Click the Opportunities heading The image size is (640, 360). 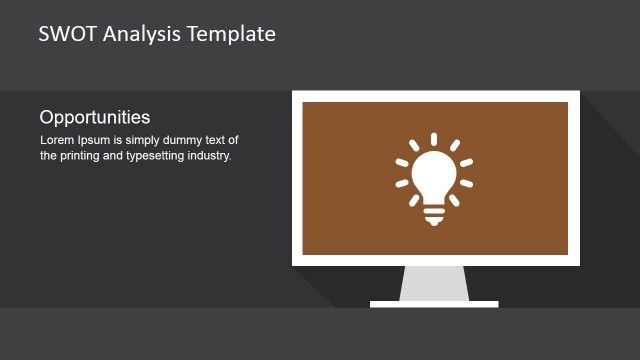95,117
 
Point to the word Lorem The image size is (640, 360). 56,140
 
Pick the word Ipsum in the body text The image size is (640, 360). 95,140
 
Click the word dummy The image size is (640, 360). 190,140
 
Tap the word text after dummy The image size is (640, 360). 228,140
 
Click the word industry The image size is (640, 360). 213,156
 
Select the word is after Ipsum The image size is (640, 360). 120,140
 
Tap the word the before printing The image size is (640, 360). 49,156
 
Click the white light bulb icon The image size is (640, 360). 434,176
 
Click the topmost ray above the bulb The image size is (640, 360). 434,138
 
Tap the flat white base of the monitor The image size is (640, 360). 434,303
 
